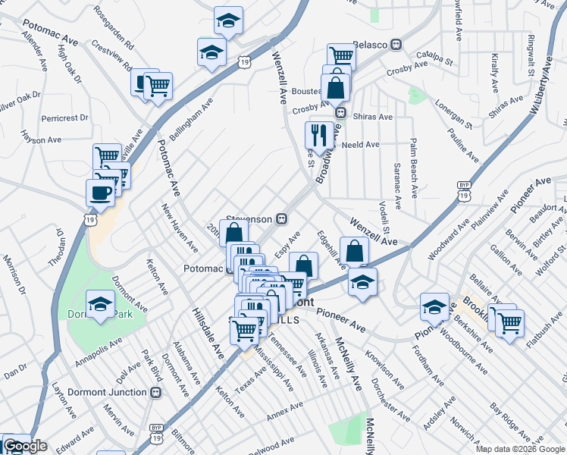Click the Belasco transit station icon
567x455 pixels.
[x=395, y=45]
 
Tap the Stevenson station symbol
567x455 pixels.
[x=281, y=219]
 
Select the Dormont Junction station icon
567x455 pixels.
[x=156, y=392]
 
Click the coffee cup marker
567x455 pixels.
[x=100, y=194]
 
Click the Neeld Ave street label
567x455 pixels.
[x=360, y=144]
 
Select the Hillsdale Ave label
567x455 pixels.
[x=208, y=334]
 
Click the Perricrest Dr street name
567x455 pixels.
[x=65, y=118]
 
